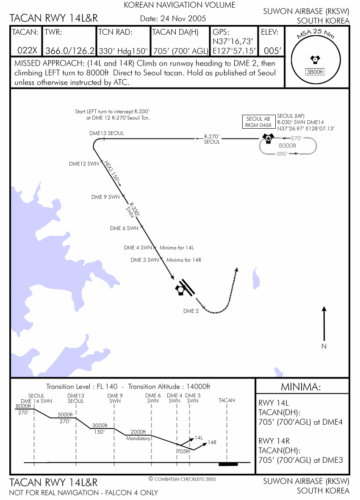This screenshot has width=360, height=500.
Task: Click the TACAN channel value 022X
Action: (x=27, y=51)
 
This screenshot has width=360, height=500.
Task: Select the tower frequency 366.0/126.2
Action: (x=69, y=51)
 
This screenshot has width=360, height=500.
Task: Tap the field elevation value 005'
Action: (x=272, y=51)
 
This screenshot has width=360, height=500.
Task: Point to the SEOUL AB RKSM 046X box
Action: (x=258, y=122)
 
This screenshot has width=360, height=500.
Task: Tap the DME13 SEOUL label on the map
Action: (x=107, y=133)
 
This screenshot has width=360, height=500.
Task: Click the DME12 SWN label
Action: (x=83, y=163)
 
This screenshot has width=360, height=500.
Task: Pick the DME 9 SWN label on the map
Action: (x=105, y=197)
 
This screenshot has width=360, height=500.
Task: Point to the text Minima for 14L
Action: (x=177, y=248)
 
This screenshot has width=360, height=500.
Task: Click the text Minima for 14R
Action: (x=184, y=260)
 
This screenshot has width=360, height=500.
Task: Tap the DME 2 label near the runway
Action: (x=191, y=311)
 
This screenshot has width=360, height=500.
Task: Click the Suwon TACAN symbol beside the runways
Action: (x=180, y=290)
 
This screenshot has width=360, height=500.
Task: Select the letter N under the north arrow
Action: (x=324, y=346)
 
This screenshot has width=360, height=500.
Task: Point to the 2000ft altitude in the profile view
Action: (x=138, y=431)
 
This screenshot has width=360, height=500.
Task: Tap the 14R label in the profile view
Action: (x=212, y=443)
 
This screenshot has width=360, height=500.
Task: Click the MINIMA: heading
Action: (x=302, y=387)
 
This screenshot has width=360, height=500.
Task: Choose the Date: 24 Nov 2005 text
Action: (x=173, y=19)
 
